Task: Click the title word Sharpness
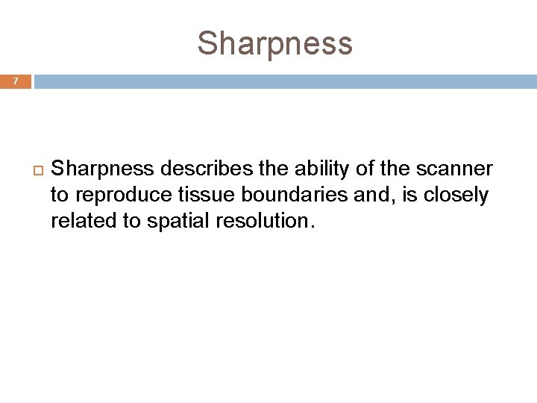click(x=274, y=43)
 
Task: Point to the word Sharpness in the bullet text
click(x=102, y=169)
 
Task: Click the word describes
click(x=203, y=169)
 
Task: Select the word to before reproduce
click(x=59, y=196)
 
